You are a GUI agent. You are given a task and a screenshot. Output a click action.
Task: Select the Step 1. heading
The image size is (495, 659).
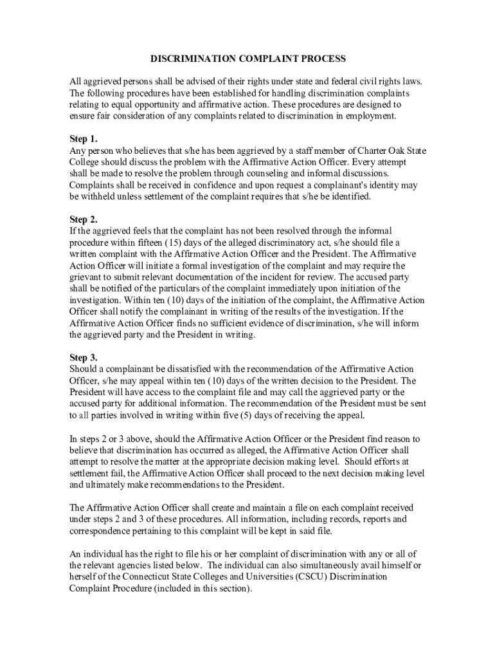(x=84, y=138)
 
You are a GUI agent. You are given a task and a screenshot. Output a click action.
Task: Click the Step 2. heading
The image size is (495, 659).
(x=84, y=219)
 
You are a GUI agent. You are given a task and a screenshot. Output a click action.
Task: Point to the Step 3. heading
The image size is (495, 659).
(x=84, y=357)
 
